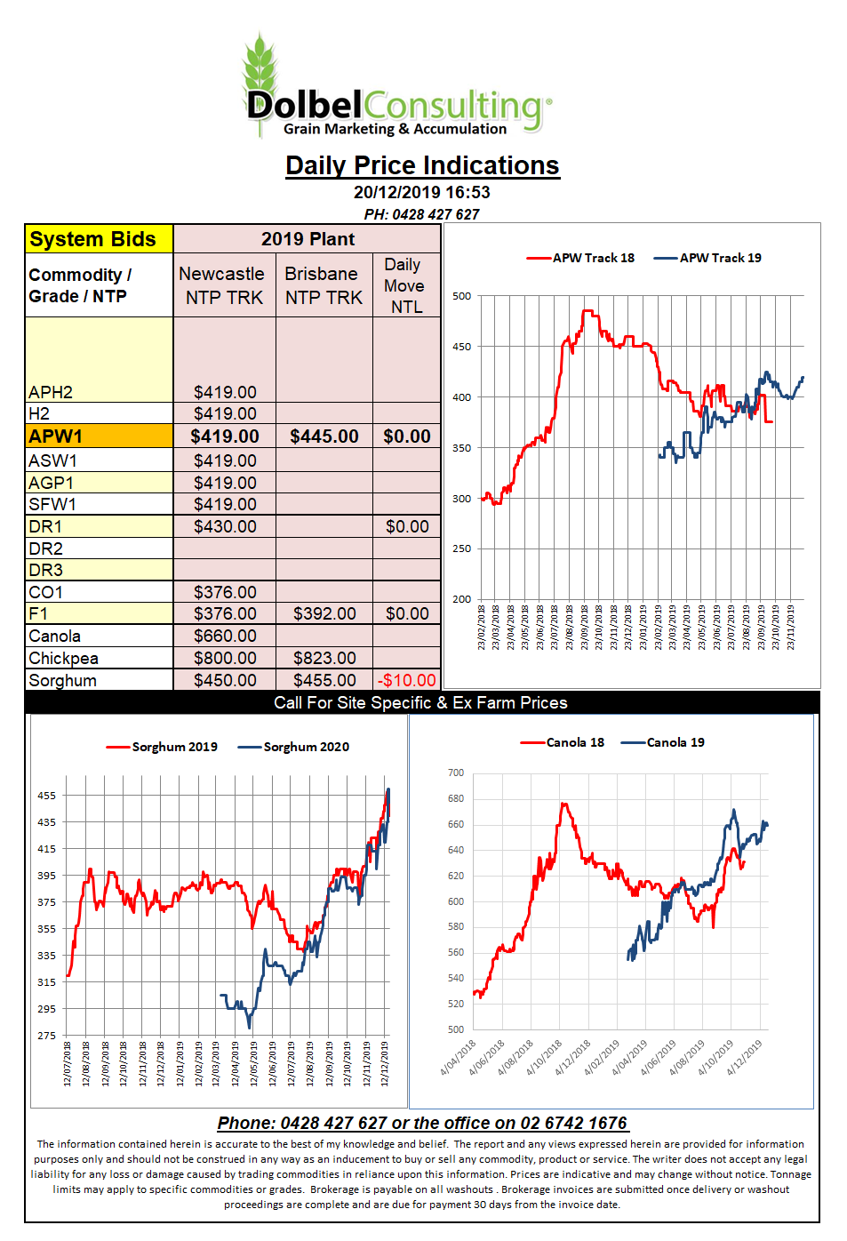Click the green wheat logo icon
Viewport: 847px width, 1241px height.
click(260, 77)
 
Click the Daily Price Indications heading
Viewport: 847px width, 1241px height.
click(422, 165)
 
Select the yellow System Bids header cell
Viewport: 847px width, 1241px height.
click(100, 239)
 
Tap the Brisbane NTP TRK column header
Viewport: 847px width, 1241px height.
click(324, 285)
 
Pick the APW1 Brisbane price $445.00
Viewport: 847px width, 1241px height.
click(324, 436)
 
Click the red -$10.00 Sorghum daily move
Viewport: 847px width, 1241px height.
click(406, 680)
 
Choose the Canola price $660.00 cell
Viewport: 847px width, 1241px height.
click(225, 636)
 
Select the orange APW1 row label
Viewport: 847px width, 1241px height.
click(100, 436)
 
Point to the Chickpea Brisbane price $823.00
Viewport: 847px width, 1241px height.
click(324, 658)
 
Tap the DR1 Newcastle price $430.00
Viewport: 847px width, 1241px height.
click(225, 526)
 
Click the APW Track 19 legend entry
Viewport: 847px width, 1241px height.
click(707, 258)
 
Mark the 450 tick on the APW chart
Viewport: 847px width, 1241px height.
click(461, 347)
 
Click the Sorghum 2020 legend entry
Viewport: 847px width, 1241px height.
click(293, 747)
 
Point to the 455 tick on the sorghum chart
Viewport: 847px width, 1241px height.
click(46, 796)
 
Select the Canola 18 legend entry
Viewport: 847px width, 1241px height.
click(563, 742)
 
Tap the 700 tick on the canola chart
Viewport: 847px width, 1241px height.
click(456, 773)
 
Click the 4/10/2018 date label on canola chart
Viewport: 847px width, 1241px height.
click(544, 1058)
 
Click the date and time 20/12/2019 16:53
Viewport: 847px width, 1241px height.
click(422, 192)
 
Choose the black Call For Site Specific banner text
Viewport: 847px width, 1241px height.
click(420, 702)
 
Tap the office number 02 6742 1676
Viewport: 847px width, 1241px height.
click(572, 1123)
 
